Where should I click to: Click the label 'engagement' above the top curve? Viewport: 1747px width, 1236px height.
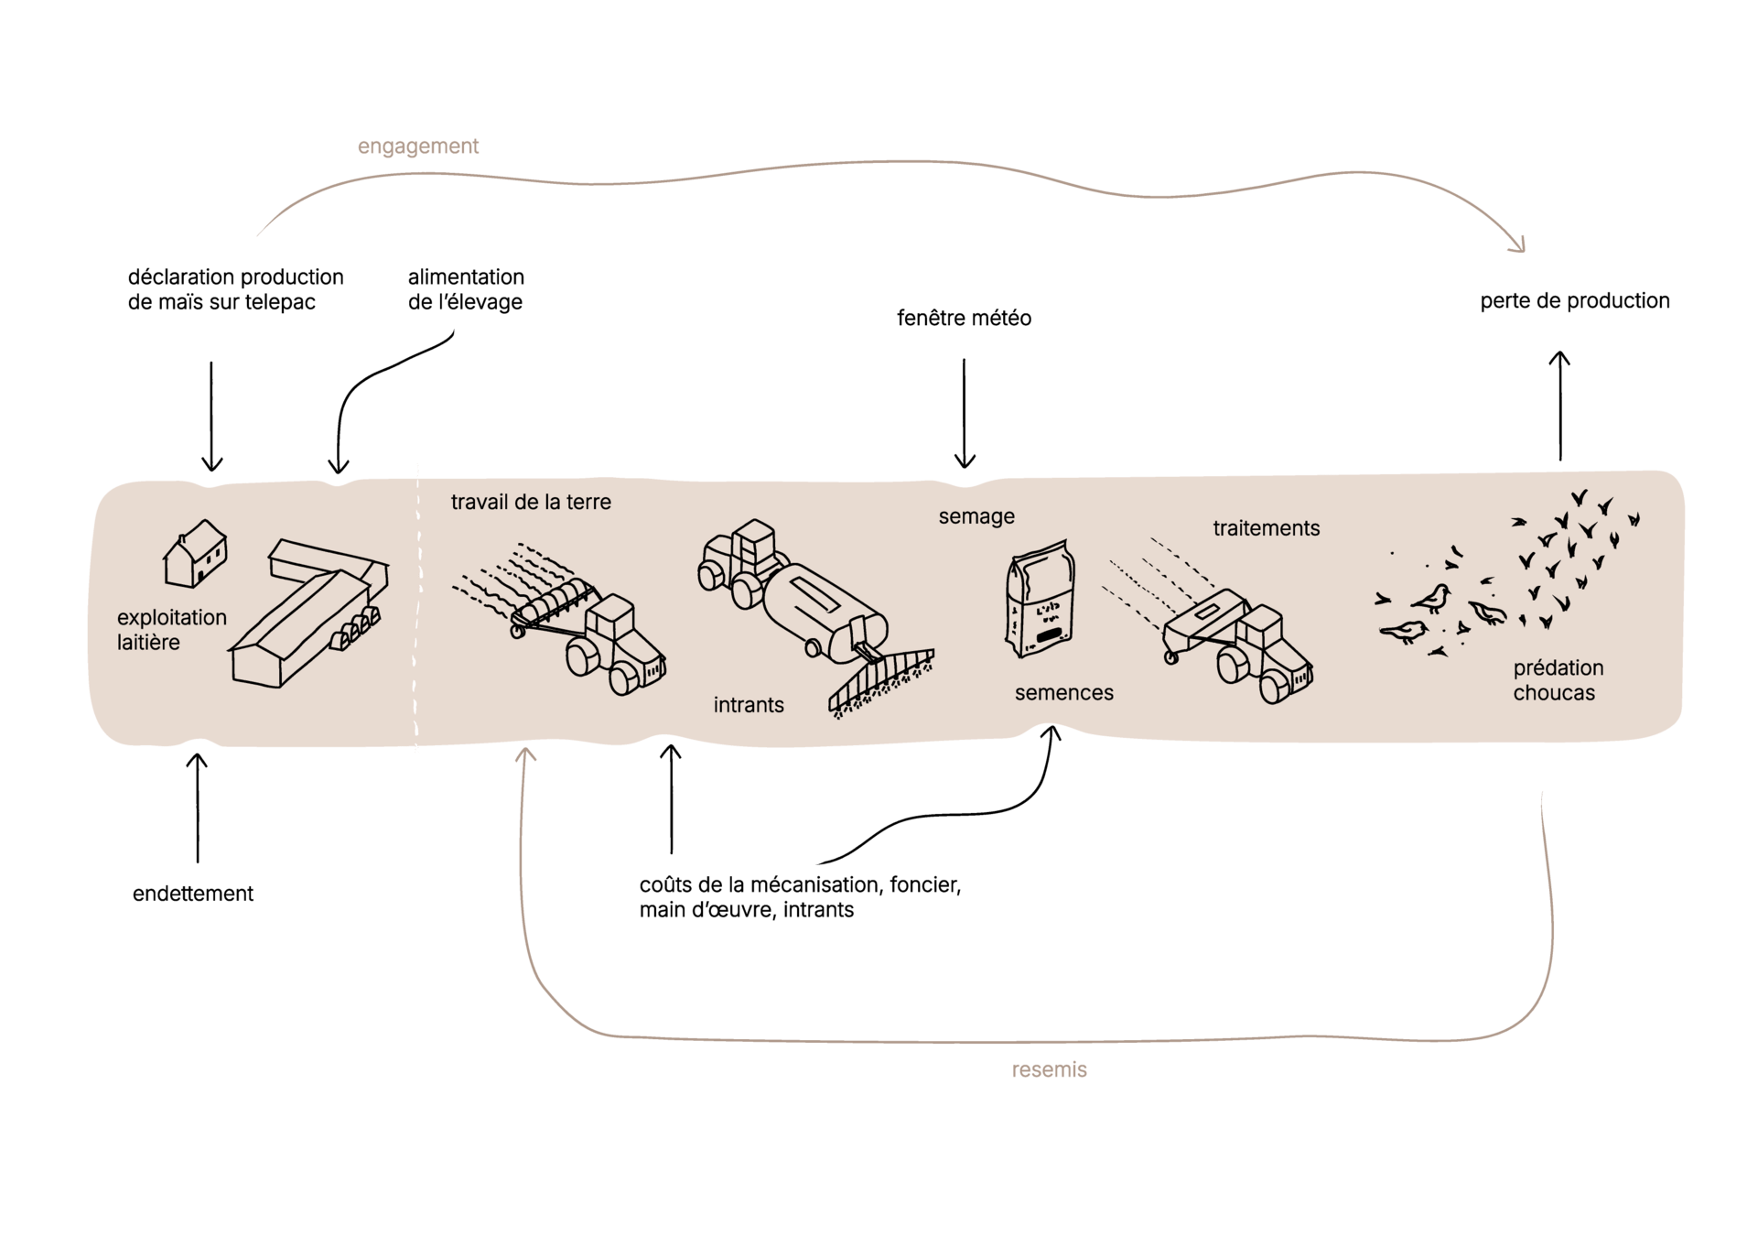point(417,146)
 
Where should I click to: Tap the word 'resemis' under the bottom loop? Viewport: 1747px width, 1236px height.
point(1049,1069)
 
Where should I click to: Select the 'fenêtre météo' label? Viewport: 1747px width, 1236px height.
point(964,318)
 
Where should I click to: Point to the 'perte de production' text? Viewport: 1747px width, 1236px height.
point(1574,300)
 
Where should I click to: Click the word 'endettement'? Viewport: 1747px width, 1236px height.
point(193,894)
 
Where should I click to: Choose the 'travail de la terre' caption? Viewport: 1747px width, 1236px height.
point(531,502)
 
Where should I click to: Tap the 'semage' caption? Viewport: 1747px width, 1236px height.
point(976,516)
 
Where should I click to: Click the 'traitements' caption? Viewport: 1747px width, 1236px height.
point(1266,528)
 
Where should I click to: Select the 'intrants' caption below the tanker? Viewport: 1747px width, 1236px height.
point(749,705)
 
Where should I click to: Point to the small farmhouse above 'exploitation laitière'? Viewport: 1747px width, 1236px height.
point(195,553)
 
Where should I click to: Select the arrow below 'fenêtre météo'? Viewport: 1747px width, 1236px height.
point(965,412)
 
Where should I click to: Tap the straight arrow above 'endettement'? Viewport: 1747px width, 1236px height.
point(197,806)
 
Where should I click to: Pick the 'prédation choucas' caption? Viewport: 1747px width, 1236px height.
point(1558,680)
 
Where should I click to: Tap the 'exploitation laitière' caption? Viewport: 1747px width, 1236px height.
point(171,630)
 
